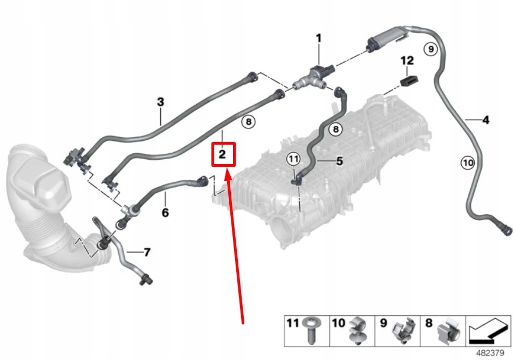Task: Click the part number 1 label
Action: pyautogui.click(x=318, y=38)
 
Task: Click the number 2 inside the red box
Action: pyautogui.click(x=222, y=155)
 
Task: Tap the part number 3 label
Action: pyautogui.click(x=160, y=101)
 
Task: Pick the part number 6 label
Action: pyautogui.click(x=165, y=213)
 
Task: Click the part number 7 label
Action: pyautogui.click(x=147, y=252)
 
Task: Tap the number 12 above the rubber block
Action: pyautogui.click(x=407, y=60)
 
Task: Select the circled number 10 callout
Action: pyautogui.click(x=467, y=161)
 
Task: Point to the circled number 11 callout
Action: pyautogui.click(x=293, y=159)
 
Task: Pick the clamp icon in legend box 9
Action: pyautogui.click(x=403, y=330)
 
